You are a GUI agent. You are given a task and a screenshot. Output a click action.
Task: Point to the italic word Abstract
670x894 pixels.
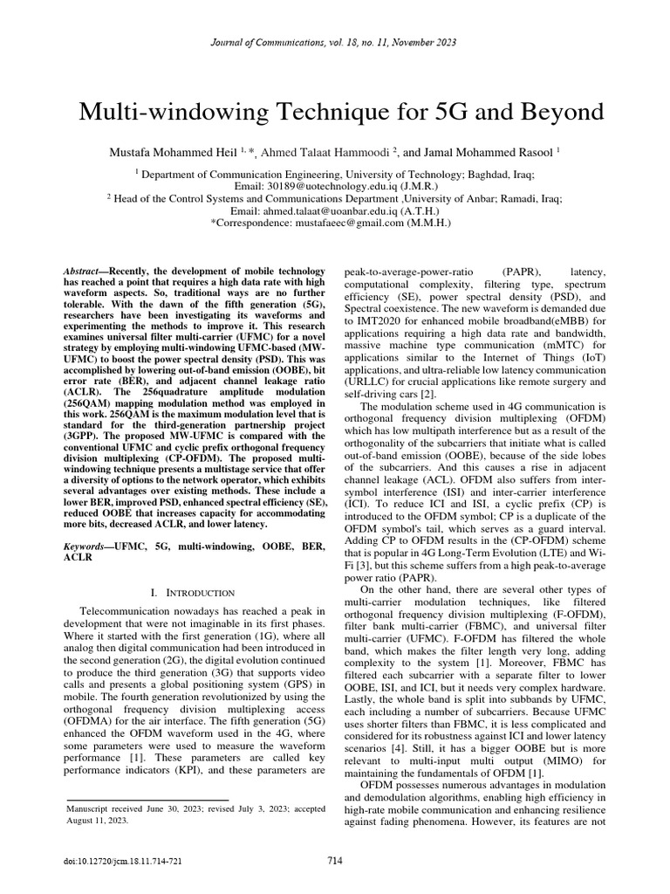click(85, 273)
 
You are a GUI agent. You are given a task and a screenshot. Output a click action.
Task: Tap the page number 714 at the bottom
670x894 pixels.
click(335, 861)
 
